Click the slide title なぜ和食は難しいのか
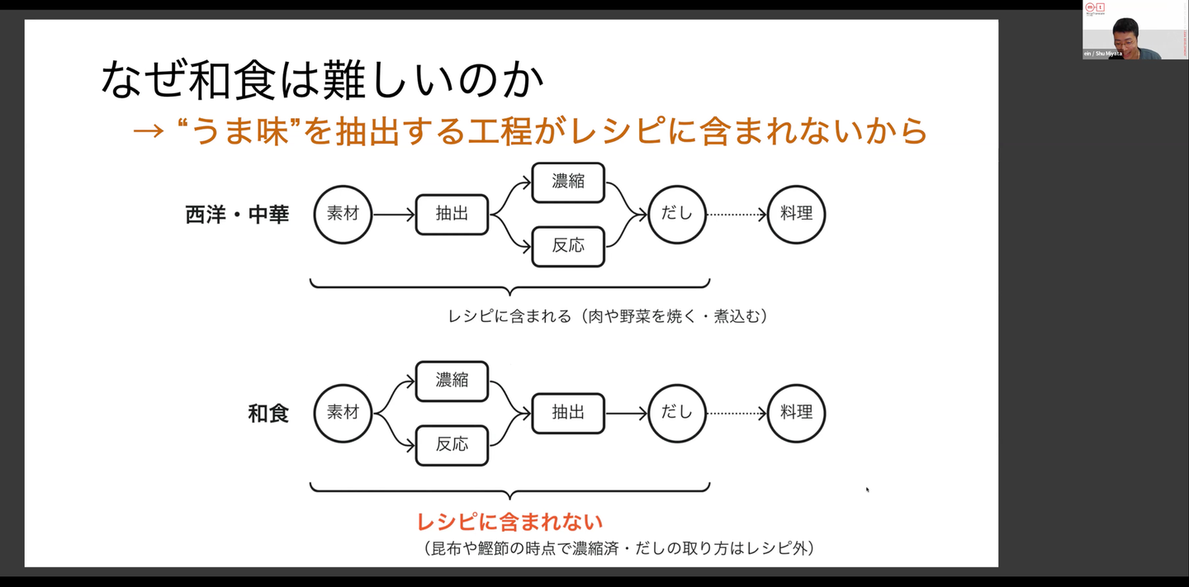click(322, 79)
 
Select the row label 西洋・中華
click(237, 215)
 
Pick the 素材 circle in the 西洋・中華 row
click(343, 215)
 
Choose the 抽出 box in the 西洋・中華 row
click(452, 215)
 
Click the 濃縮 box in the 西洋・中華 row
click(568, 182)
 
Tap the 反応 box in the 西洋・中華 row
click(568, 246)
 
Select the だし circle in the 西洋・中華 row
click(677, 215)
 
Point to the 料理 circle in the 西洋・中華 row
click(796, 215)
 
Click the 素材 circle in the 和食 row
click(343, 413)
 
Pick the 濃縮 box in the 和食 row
click(452, 381)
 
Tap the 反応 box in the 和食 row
click(452, 445)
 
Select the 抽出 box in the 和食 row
click(568, 413)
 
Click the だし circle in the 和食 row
click(677, 413)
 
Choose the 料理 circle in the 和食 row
click(796, 413)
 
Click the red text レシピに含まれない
click(509, 522)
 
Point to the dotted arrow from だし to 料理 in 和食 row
click(737, 413)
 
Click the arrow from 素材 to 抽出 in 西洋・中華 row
click(394, 215)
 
